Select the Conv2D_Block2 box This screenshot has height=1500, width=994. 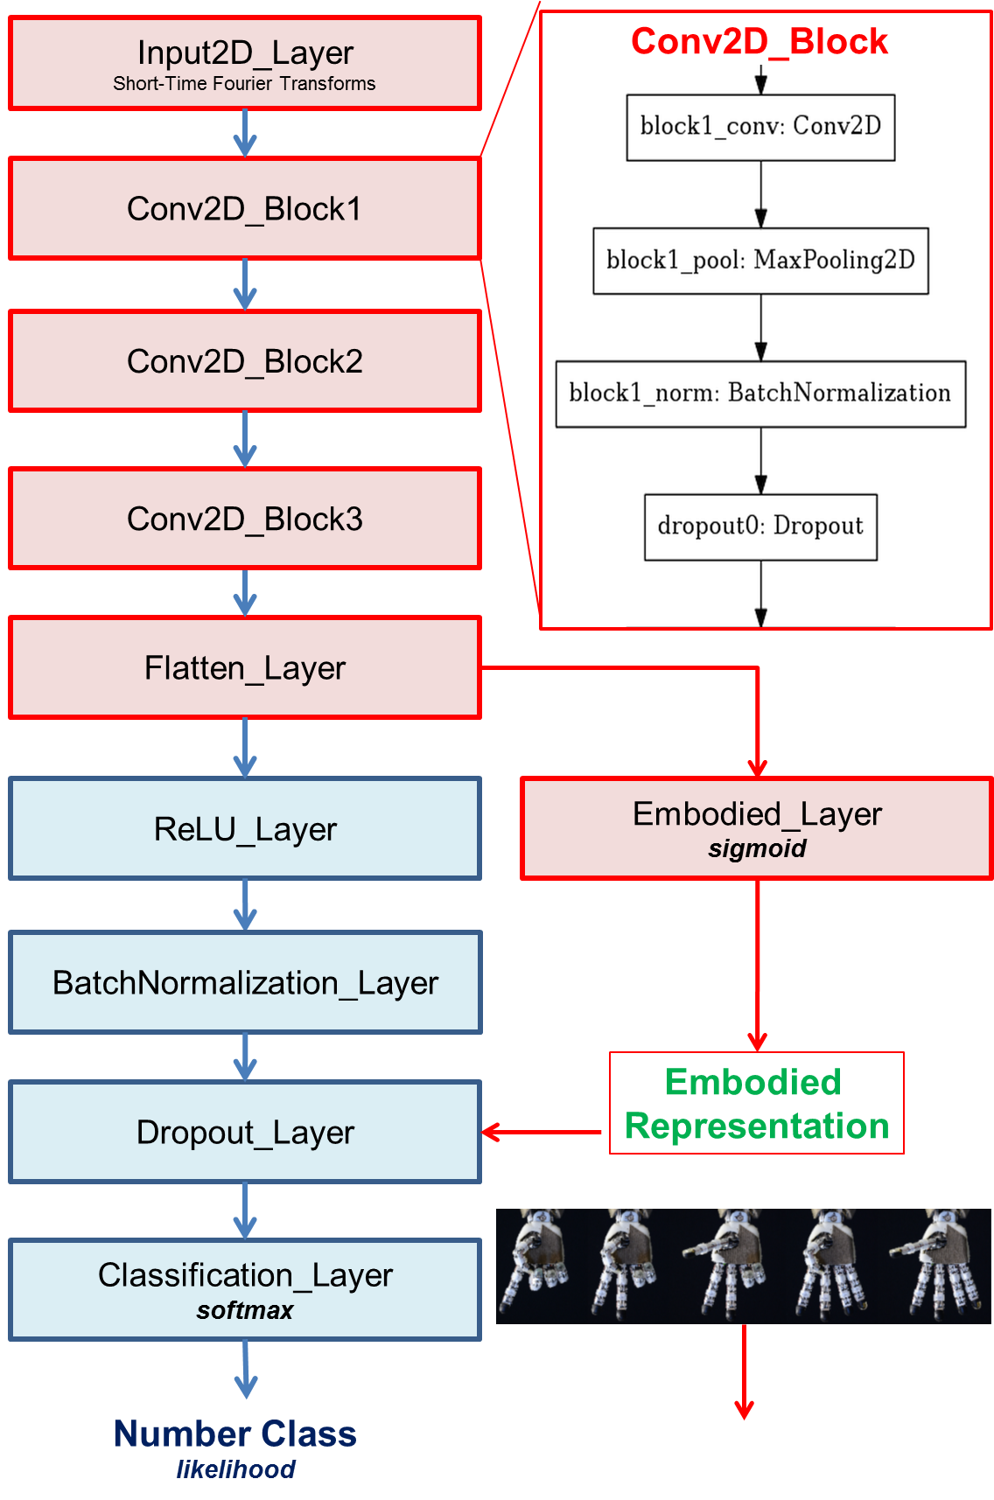245,361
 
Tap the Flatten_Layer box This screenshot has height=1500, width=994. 245,668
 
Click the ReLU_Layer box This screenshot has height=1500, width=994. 245,829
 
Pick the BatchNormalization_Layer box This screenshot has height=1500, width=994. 245,983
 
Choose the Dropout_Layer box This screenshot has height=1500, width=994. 245,1133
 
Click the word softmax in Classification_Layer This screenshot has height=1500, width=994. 245,1310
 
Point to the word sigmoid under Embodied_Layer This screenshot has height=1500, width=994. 757,848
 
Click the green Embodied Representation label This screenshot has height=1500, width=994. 756,1104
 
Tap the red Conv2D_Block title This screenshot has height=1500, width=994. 759,41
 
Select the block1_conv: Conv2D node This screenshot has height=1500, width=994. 760,127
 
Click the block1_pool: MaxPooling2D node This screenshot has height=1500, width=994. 760,261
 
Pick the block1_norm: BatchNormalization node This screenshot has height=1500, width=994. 760,394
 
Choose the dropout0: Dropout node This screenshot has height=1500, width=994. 760,527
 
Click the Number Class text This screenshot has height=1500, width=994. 234,1434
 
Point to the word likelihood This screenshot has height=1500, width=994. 235,1469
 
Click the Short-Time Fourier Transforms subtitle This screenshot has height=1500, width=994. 244,84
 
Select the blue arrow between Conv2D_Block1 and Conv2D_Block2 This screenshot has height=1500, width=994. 245,285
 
